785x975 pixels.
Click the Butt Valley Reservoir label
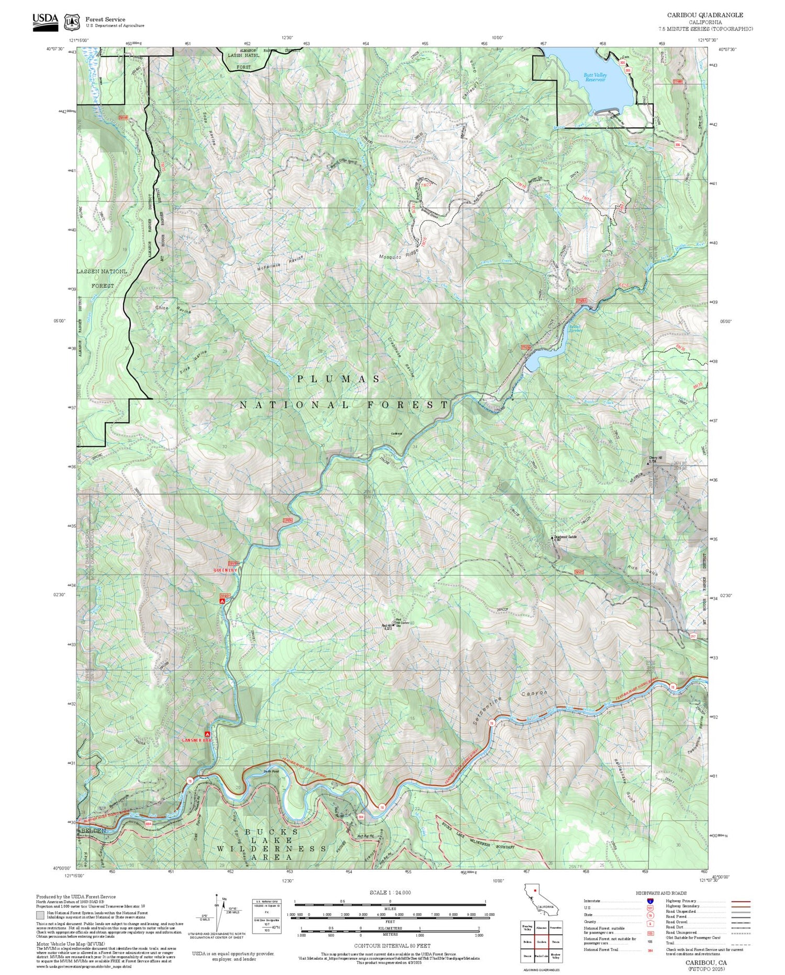pos(595,77)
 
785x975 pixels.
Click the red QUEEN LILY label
pos(225,570)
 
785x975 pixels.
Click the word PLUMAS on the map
pos(339,379)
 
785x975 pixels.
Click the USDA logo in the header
pos(46,19)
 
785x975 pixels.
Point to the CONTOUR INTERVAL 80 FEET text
pos(392,946)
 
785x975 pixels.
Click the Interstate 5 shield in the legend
pos(651,901)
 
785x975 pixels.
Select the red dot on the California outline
pos(535,890)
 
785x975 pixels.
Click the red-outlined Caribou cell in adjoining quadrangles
pos(542,941)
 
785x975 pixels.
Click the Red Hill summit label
pos(388,626)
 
